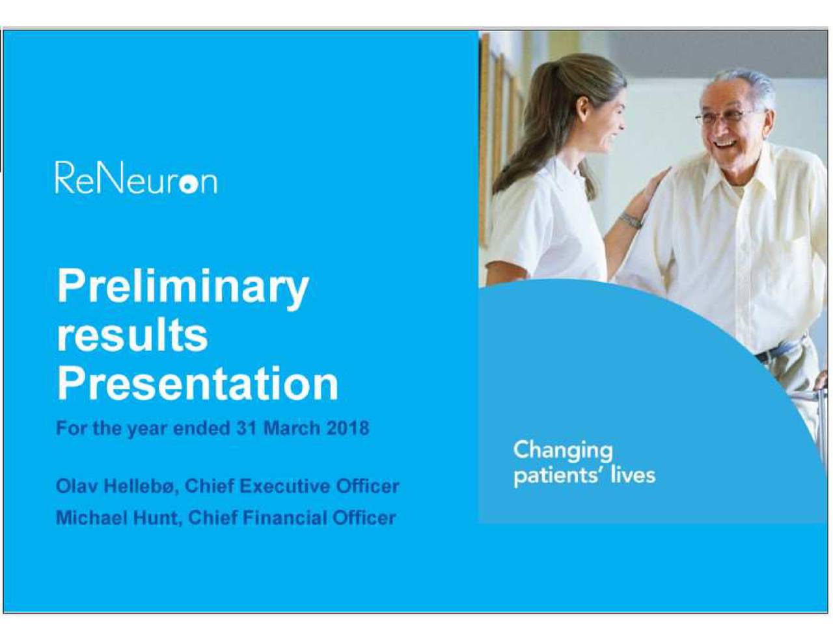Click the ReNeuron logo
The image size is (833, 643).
pyautogui.click(x=136, y=178)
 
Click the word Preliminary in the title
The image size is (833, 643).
pyautogui.click(x=183, y=287)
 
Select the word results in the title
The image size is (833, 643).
pyautogui.click(x=132, y=335)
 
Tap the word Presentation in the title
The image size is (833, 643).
pyautogui.click(x=198, y=384)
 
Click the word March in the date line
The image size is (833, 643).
pyautogui.click(x=291, y=428)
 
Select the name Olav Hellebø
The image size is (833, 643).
pyautogui.click(x=116, y=486)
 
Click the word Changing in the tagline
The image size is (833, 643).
pyautogui.click(x=562, y=451)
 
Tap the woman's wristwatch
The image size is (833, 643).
pyautogui.click(x=630, y=220)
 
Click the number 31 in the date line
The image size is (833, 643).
pyautogui.click(x=247, y=428)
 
